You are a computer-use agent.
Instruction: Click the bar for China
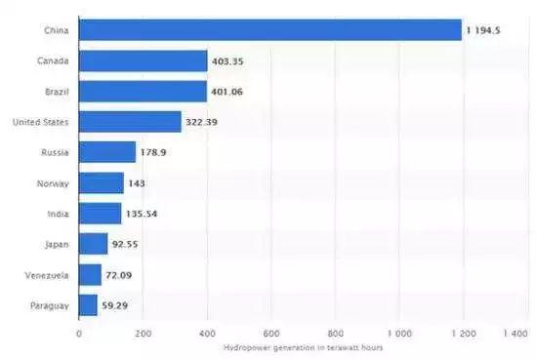click(x=269, y=30)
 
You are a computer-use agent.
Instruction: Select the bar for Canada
click(x=143, y=61)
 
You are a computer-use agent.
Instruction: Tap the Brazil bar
click(x=143, y=92)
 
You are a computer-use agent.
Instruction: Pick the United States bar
click(x=130, y=122)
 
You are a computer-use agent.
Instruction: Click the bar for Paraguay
click(x=88, y=304)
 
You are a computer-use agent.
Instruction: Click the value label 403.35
click(x=229, y=61)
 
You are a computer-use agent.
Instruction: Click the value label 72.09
click(x=120, y=275)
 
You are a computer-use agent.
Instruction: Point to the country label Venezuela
click(x=47, y=275)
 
